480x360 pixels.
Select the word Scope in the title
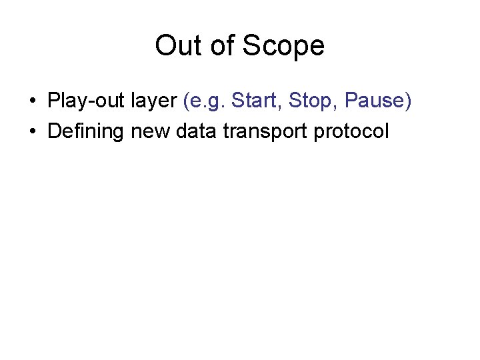[283, 46]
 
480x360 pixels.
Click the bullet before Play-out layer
[33, 101]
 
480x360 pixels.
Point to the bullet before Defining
[33, 131]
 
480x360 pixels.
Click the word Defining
[86, 131]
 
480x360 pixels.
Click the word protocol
[355, 131]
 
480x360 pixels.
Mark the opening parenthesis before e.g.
[184, 101]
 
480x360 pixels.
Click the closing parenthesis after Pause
[408, 101]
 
